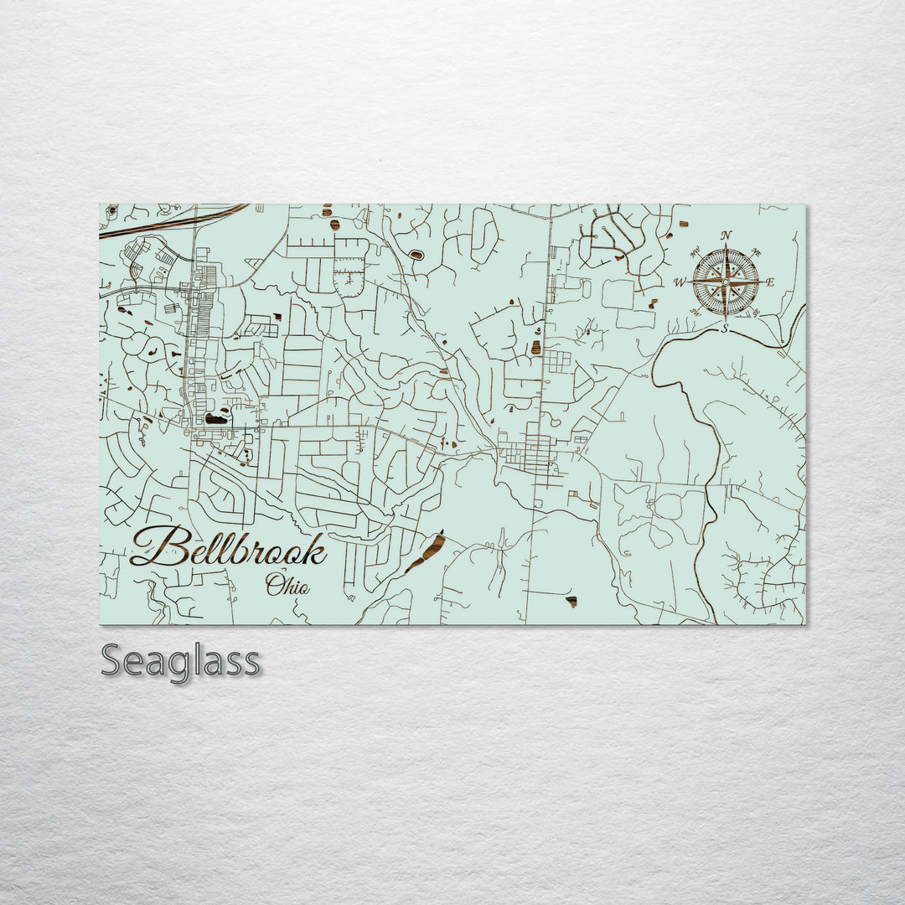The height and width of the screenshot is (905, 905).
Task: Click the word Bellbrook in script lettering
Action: pos(228,548)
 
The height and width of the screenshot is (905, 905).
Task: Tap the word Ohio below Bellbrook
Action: pos(287,585)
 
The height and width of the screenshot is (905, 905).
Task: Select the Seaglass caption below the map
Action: pos(180,661)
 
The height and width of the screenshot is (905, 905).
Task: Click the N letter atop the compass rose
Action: pos(727,235)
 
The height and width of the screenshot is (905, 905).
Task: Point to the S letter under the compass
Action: pos(726,329)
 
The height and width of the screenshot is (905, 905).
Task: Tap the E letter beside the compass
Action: pos(770,282)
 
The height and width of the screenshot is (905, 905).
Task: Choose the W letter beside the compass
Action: pos(680,282)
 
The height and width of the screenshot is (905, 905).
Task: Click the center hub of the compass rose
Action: pos(726,282)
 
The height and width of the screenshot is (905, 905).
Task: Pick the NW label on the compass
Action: pos(696,251)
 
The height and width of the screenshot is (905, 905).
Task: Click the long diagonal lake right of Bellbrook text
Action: pos(425,552)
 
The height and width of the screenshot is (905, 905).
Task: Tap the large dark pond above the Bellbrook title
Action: pos(216,417)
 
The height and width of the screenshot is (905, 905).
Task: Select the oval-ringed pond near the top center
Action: pos(416,254)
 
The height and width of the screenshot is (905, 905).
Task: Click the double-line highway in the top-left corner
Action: pos(168,223)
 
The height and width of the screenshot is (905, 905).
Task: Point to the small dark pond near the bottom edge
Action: pos(571,602)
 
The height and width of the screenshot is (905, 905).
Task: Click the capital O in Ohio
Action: pos(274,585)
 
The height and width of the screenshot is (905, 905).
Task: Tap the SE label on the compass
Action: pos(756,313)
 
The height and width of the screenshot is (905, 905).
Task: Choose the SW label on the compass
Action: pos(696,313)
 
